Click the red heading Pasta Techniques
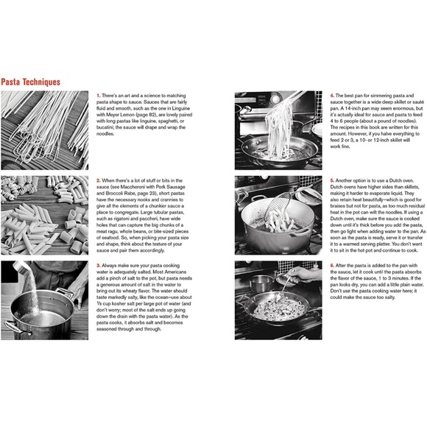(30, 82)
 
